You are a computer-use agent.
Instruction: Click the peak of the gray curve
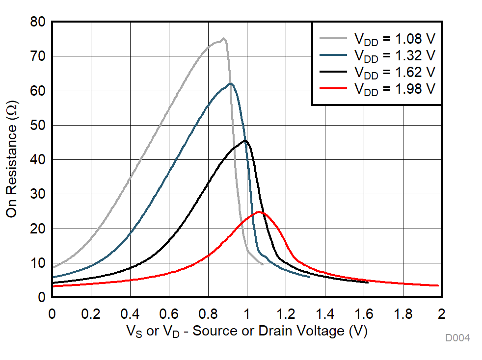(223, 38)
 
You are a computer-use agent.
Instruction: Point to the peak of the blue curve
(231, 83)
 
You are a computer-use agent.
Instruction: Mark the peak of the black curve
(245, 141)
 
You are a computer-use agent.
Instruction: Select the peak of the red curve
(259, 212)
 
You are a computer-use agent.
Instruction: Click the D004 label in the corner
(457, 338)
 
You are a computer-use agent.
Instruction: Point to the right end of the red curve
(438, 285)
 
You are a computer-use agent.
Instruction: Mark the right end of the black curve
(368, 283)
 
